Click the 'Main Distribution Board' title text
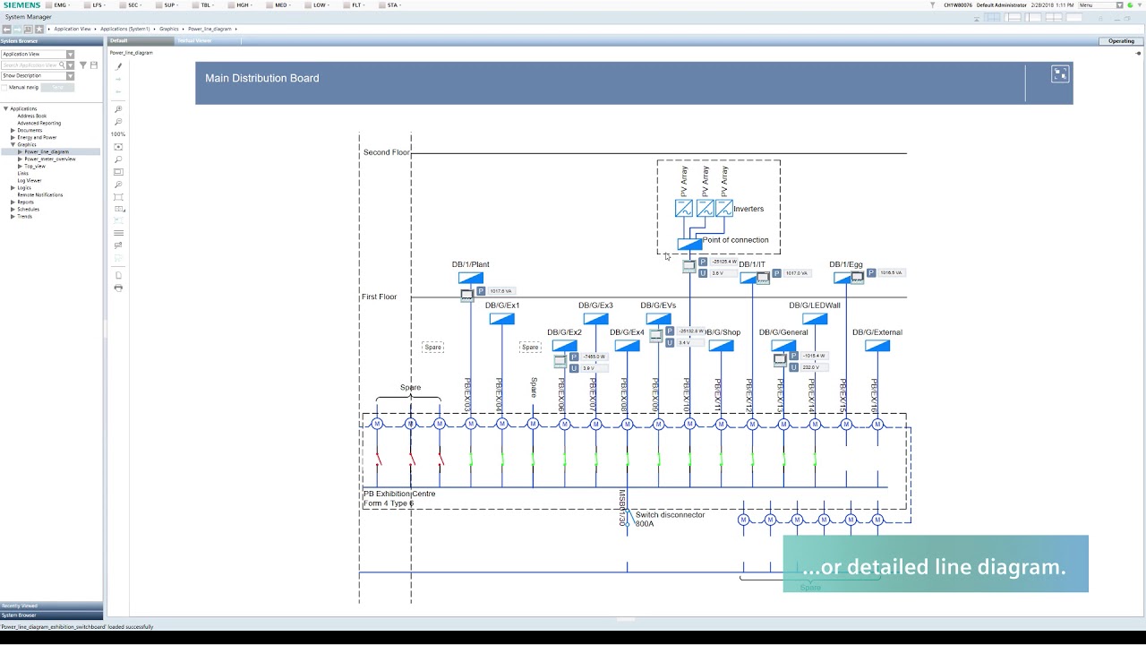(x=261, y=78)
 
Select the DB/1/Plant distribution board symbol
(x=470, y=279)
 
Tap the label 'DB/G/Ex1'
(x=502, y=305)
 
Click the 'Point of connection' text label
(x=735, y=240)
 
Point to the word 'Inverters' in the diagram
(x=748, y=209)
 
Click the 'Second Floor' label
(x=386, y=152)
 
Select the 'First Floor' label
(x=379, y=297)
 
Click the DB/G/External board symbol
(x=877, y=346)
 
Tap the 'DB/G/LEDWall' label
(x=814, y=305)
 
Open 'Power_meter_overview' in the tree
(x=50, y=159)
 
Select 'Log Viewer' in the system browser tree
(x=30, y=180)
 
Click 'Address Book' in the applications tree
(x=32, y=116)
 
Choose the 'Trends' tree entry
(x=25, y=216)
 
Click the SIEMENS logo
(x=21, y=5)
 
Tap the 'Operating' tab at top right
(x=1121, y=41)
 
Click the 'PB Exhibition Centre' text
(x=399, y=494)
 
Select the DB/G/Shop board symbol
(x=721, y=346)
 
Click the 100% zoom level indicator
(x=118, y=133)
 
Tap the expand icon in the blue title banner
(x=1060, y=74)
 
